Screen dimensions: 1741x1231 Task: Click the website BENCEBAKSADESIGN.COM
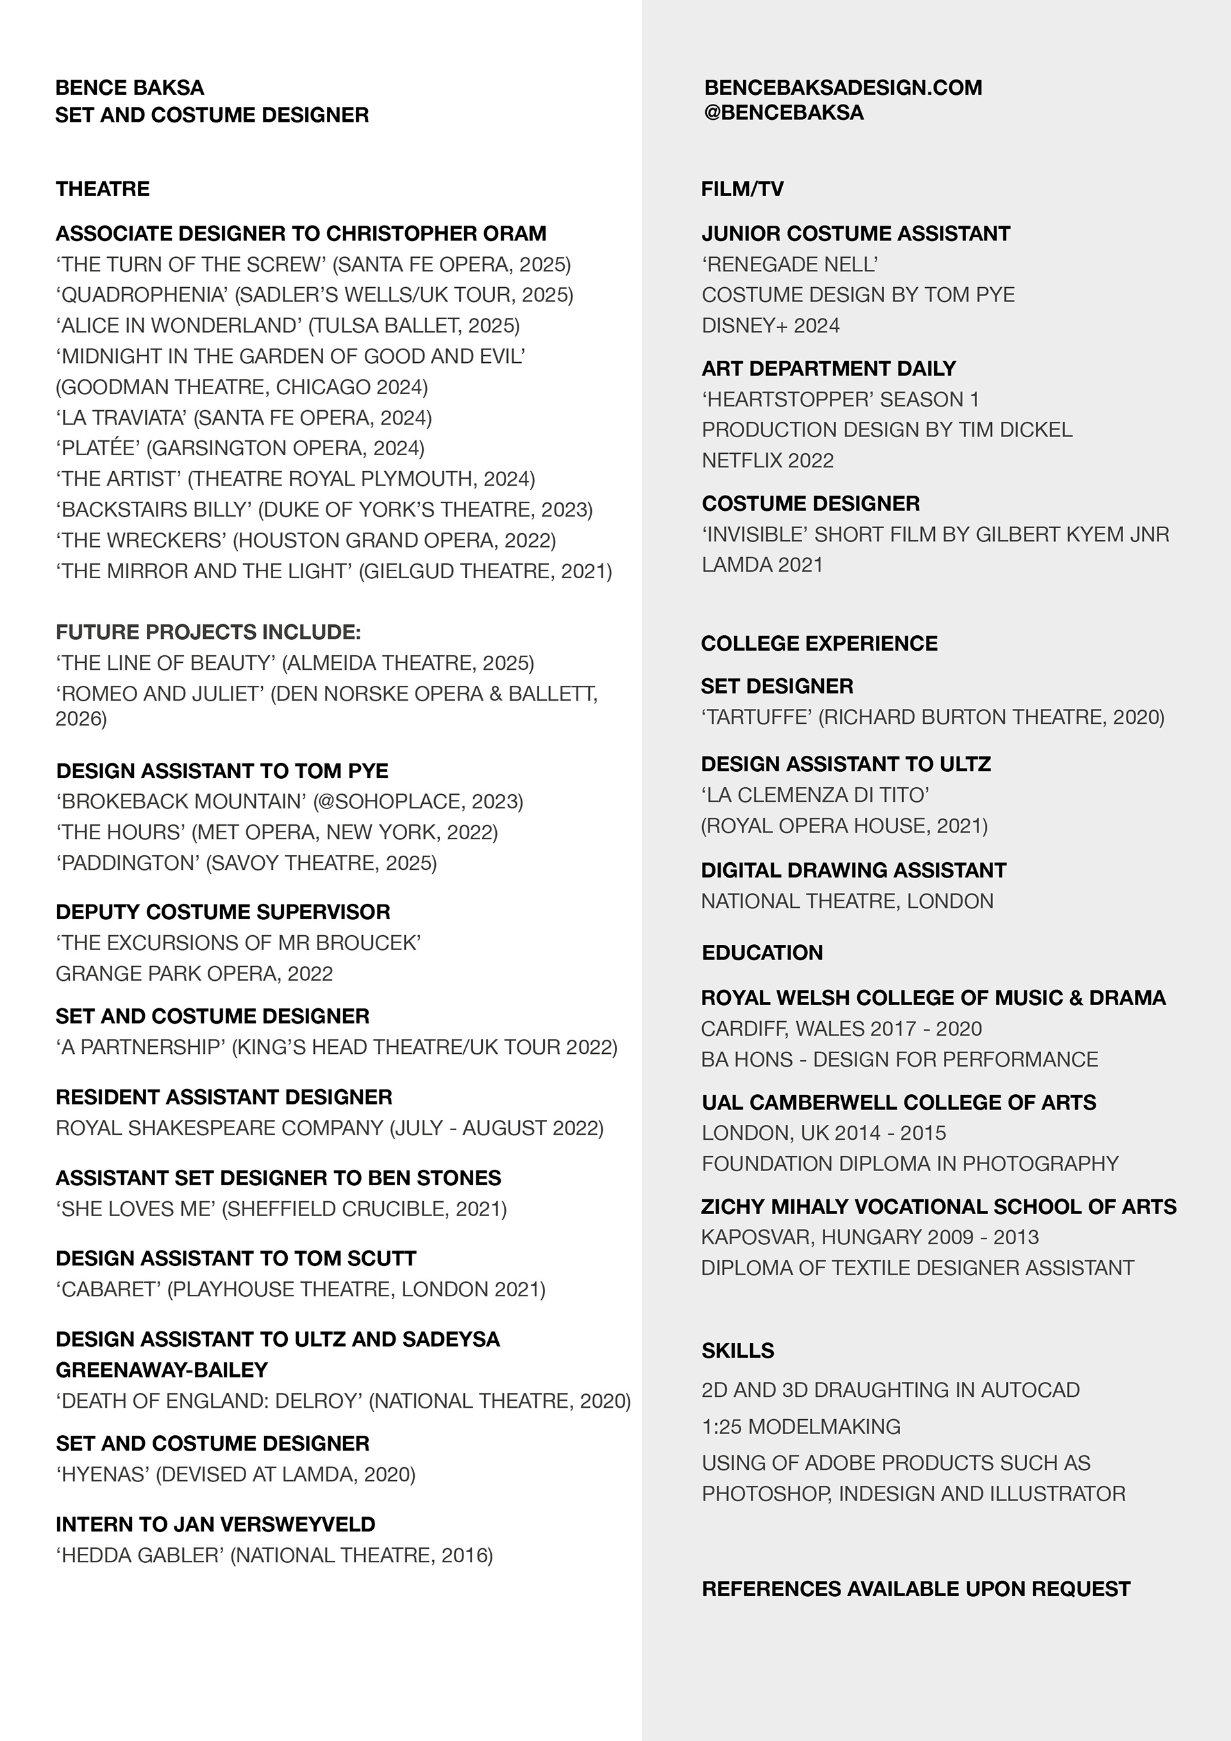(x=842, y=87)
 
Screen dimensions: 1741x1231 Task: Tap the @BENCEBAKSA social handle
(x=783, y=112)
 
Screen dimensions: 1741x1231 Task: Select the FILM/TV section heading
(x=742, y=189)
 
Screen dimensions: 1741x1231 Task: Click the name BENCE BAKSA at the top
(x=130, y=87)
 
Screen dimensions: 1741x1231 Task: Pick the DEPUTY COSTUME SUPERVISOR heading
(x=223, y=912)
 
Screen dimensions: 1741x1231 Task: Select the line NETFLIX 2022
(x=767, y=460)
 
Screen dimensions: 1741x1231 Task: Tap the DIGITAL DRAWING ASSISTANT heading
(x=853, y=870)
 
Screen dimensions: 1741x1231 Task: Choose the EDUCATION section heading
(x=762, y=953)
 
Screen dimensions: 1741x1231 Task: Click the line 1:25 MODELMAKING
(x=801, y=1426)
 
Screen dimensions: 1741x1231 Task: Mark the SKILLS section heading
(x=737, y=1351)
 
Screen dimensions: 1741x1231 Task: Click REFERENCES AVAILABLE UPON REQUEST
(x=916, y=1588)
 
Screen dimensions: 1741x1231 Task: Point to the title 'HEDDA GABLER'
(x=140, y=1555)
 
